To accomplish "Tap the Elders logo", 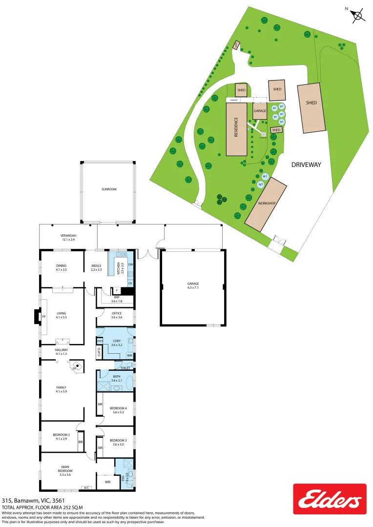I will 330,499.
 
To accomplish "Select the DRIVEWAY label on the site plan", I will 306,165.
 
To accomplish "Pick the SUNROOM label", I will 109,189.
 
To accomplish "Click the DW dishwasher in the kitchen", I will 130,264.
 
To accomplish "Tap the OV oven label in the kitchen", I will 130,283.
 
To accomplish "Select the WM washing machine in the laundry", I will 129,355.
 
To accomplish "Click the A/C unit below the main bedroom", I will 86,488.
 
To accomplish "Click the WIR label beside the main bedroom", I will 107,482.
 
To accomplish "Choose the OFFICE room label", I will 116,313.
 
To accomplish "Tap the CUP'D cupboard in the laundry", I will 99,351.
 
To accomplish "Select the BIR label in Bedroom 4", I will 100,405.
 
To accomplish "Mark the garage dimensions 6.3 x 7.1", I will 193,288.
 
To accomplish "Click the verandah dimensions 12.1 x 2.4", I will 68,240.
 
